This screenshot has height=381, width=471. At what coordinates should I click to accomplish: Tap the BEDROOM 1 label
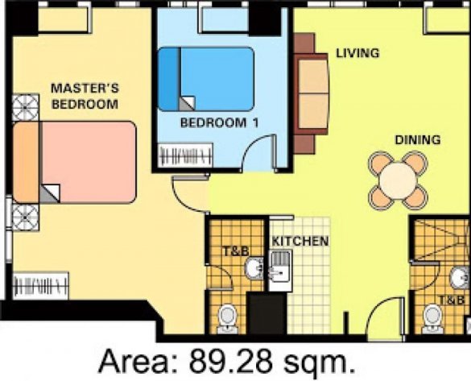208,123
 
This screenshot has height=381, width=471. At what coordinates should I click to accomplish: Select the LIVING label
357,54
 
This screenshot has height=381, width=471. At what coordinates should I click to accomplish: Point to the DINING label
417,139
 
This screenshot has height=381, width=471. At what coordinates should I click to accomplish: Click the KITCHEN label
300,241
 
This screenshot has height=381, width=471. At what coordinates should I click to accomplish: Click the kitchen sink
280,268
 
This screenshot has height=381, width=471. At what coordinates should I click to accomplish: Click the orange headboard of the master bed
25,162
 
